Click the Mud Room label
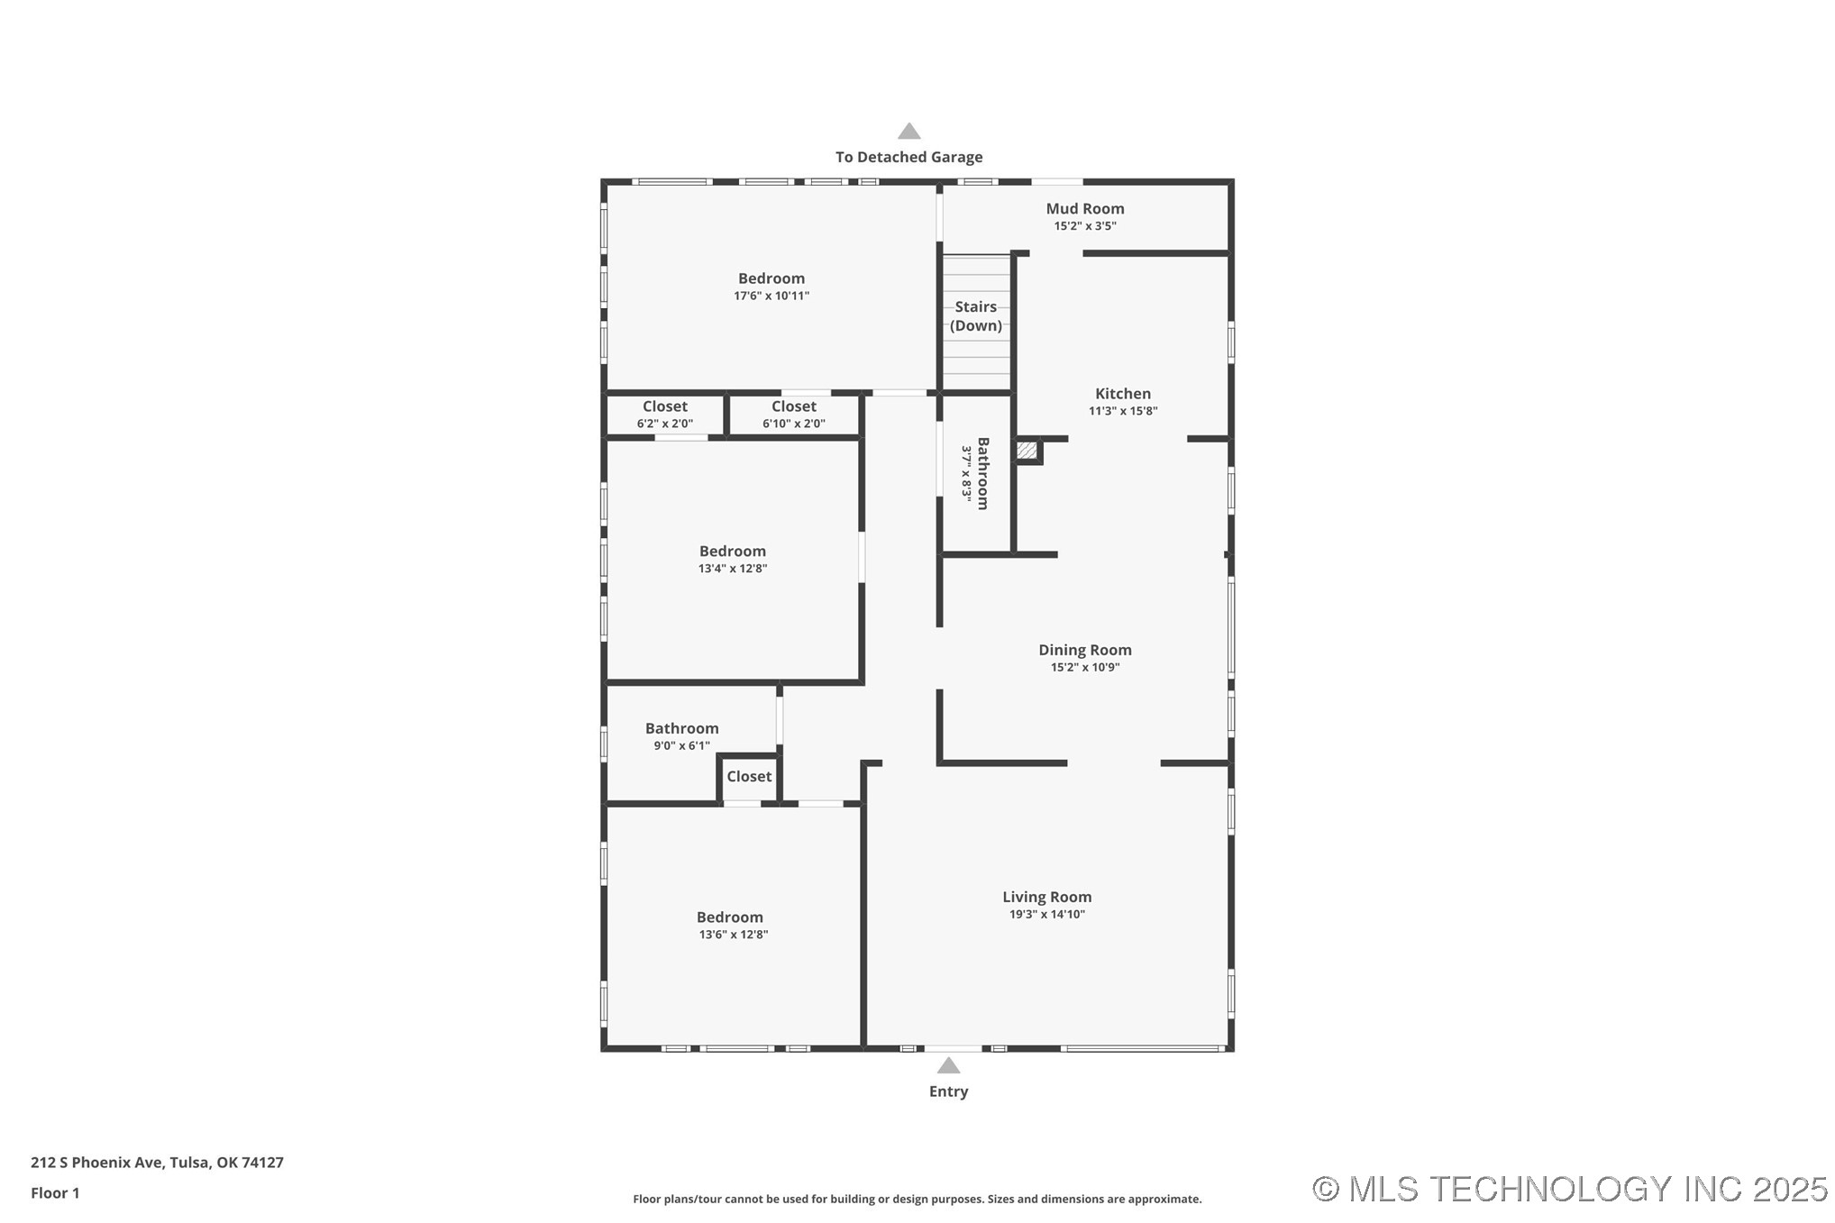pyautogui.click(x=1084, y=208)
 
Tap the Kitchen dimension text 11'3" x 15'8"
pyautogui.click(x=1122, y=411)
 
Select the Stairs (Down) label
pyautogui.click(x=975, y=315)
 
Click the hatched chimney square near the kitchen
pyautogui.click(x=1027, y=449)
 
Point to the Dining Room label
pyautogui.click(x=1084, y=650)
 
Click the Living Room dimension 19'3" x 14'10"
pyautogui.click(x=1046, y=914)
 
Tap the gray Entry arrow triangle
pyautogui.click(x=948, y=1066)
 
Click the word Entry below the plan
pyautogui.click(x=948, y=1091)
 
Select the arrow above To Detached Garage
pyautogui.click(x=908, y=132)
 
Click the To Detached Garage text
pyautogui.click(x=908, y=157)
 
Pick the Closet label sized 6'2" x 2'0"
pyautogui.click(x=664, y=406)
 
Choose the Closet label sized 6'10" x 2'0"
pyautogui.click(x=793, y=406)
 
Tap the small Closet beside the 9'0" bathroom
pyautogui.click(x=749, y=776)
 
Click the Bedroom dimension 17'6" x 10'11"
pyautogui.click(x=771, y=296)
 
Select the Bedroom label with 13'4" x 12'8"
pyautogui.click(x=732, y=551)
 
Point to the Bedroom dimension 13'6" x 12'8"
pyautogui.click(x=733, y=935)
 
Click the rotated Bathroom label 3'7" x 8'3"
pyautogui.click(x=981, y=473)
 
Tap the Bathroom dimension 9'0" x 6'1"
pyautogui.click(x=681, y=745)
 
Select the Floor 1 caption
pyautogui.click(x=55, y=1193)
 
